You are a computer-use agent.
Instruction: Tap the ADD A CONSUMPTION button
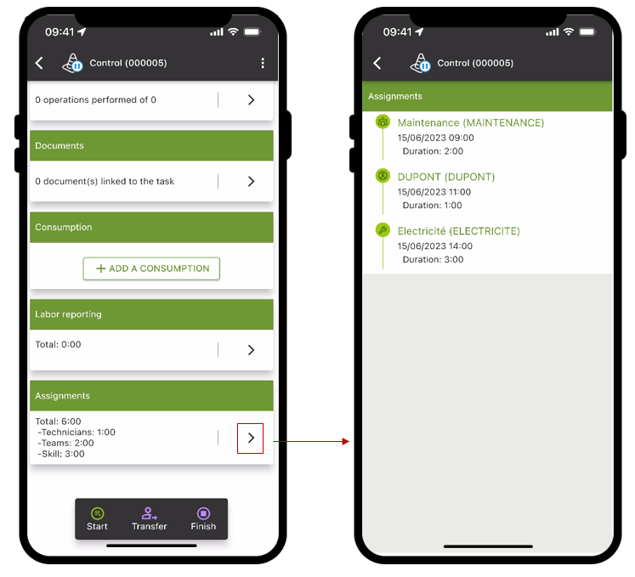(151, 269)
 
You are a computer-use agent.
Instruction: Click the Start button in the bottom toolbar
(97, 518)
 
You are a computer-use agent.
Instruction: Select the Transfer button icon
(149, 513)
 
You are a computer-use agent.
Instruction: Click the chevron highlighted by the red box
(251, 438)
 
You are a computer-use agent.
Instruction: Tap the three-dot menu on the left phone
(263, 63)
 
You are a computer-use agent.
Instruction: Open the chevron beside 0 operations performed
(251, 100)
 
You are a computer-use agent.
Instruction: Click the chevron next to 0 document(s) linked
(251, 181)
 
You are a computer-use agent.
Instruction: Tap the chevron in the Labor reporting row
(251, 350)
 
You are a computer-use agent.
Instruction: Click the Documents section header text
(60, 146)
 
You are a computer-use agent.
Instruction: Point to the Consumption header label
(64, 227)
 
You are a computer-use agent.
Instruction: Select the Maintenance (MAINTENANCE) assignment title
(471, 122)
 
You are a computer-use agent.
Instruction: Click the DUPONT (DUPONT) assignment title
(446, 177)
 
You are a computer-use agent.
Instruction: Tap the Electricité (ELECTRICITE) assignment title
(458, 231)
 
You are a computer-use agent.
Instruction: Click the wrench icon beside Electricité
(383, 230)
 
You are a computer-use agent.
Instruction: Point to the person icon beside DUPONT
(383, 176)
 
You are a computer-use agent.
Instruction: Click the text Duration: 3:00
(433, 259)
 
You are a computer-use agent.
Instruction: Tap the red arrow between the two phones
(311, 441)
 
